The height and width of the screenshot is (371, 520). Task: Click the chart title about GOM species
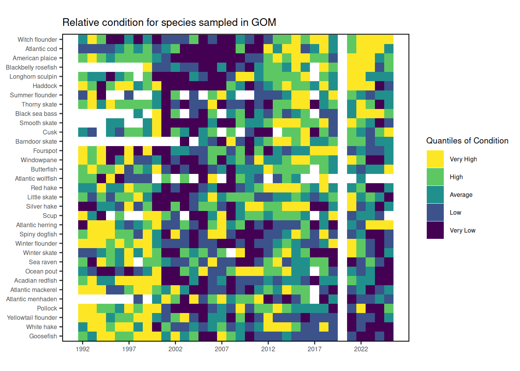(x=169, y=22)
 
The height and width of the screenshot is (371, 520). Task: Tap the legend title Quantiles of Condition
(x=467, y=141)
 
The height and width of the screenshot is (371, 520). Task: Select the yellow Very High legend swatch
(x=435, y=159)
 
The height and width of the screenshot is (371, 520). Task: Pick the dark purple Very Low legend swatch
(x=435, y=230)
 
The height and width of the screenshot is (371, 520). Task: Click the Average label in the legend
(x=461, y=195)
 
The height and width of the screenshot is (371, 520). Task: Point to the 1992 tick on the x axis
(x=82, y=349)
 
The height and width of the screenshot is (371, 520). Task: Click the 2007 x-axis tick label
(x=222, y=349)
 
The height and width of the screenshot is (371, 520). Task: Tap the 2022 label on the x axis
(x=361, y=349)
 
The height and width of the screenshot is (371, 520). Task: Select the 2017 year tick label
(x=315, y=349)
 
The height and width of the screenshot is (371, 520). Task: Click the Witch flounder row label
(x=37, y=39)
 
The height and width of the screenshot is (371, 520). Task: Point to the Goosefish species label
(x=43, y=336)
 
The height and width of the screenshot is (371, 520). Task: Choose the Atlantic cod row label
(x=41, y=49)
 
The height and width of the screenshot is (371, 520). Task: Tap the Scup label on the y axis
(x=50, y=216)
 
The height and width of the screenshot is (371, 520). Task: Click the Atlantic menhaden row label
(x=31, y=299)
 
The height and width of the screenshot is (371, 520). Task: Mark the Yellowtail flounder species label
(x=32, y=318)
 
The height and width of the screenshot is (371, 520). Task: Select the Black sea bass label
(x=36, y=114)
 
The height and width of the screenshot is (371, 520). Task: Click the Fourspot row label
(x=45, y=151)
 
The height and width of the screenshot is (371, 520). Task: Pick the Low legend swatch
(x=435, y=213)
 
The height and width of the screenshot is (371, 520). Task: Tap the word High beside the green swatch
(x=456, y=177)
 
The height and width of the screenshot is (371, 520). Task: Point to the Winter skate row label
(x=40, y=253)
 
